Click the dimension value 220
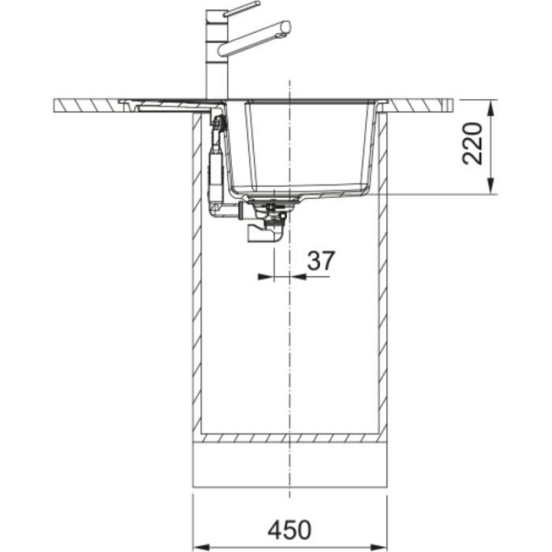click(x=473, y=143)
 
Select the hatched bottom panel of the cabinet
click(x=290, y=437)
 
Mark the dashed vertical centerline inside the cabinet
click(x=290, y=345)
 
